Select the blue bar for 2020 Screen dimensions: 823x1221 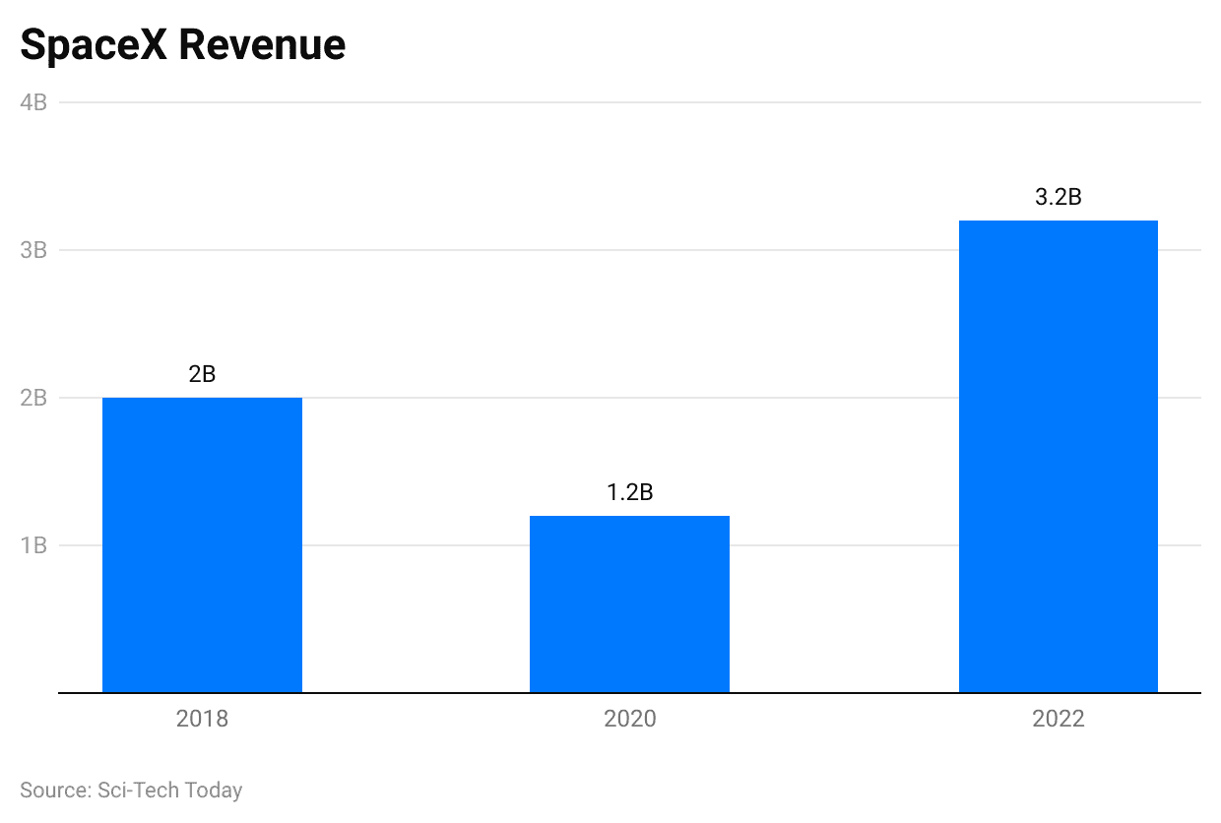point(629,603)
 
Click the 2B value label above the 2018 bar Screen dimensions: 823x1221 point(202,374)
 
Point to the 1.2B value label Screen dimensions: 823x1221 point(629,492)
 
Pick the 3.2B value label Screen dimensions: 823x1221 point(1058,197)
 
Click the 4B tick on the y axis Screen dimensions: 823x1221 point(33,102)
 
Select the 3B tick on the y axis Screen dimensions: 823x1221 point(33,250)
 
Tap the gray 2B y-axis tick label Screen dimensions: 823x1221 point(33,398)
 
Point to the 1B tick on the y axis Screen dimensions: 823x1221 point(33,545)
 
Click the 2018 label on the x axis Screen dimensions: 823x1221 point(202,719)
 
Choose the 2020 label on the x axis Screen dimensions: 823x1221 point(629,719)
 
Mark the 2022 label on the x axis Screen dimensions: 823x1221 point(1058,719)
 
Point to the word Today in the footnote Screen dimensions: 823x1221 point(214,790)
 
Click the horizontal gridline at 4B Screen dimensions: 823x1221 point(630,102)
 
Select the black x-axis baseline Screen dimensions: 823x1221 point(630,693)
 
